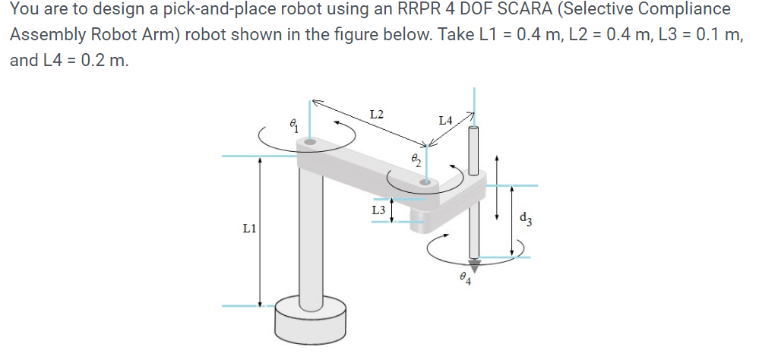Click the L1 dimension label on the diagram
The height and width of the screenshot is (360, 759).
tap(248, 227)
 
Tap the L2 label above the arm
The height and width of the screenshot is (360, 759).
tap(376, 115)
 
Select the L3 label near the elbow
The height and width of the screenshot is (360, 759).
tap(378, 209)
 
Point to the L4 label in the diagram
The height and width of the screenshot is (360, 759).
tap(446, 120)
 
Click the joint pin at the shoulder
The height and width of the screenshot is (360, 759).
tap(309, 141)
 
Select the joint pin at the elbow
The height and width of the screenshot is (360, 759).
tap(426, 182)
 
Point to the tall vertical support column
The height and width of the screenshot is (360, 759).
tap(309, 235)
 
